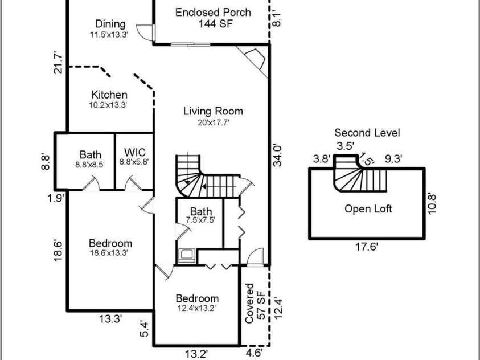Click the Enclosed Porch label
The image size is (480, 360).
coord(213,18)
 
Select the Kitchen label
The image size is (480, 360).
coord(109,99)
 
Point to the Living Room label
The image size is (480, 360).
coord(213,116)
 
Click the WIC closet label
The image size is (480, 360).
coord(134,157)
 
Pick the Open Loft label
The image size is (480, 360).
coord(368,208)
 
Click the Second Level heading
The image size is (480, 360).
coord(367,133)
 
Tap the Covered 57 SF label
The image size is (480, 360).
coord(255,303)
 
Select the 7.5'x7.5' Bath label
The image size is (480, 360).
coord(201,215)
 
